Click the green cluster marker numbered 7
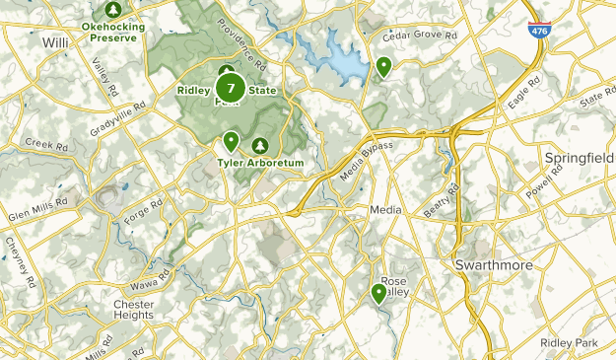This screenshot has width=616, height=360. pos(231,88)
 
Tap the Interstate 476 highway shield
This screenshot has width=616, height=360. pos(539,32)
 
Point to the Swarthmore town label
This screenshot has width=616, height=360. pos(495,266)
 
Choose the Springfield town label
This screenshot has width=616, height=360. pos(579,158)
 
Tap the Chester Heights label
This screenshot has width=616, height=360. pos(134,310)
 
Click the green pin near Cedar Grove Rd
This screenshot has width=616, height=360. pos(383,66)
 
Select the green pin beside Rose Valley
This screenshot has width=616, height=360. pos(378,293)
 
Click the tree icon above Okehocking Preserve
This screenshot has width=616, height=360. pos(112,9)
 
